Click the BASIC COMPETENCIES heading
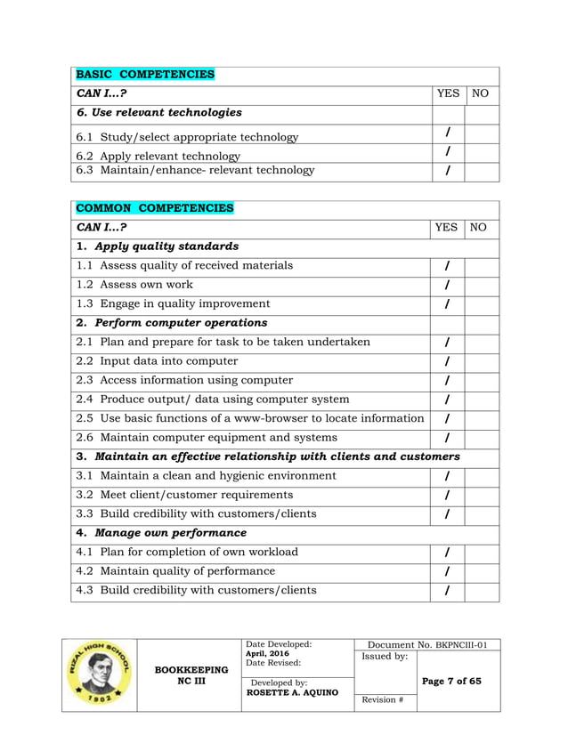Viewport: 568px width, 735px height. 145,74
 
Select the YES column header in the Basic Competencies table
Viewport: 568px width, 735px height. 449,93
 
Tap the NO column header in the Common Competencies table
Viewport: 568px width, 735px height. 478,228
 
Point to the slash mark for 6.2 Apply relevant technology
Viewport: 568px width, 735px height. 447,153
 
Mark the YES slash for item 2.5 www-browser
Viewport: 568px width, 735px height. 447,419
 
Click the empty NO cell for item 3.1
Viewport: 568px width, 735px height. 482,476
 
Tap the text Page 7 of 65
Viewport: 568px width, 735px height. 451,682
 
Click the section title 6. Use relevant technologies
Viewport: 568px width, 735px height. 158,113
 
